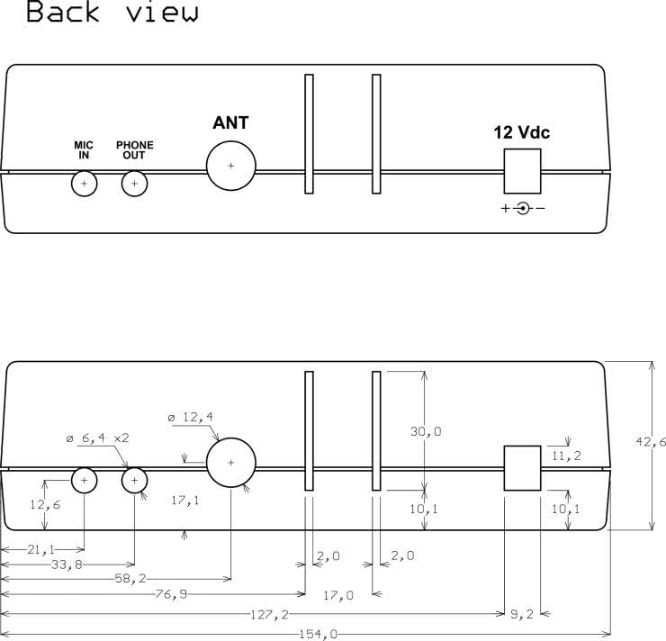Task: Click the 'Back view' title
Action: click(x=112, y=12)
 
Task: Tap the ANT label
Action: click(x=230, y=122)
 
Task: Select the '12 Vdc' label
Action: click(x=522, y=132)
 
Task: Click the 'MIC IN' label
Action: click(x=84, y=150)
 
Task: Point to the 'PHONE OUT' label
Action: click(x=135, y=150)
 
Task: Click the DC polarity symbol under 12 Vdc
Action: click(x=523, y=208)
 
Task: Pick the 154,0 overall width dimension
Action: click(x=318, y=634)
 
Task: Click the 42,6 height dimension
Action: click(x=651, y=442)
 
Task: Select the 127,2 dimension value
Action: click(x=269, y=614)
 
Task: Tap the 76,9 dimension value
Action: click(x=171, y=594)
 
